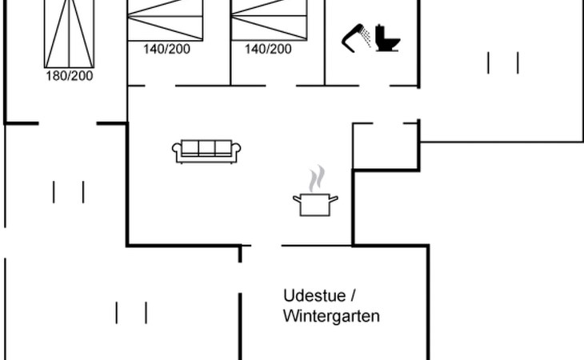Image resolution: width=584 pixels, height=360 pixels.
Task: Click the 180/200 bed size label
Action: pos(70,76)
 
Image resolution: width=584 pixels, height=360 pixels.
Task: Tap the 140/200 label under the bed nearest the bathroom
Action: pos(268,49)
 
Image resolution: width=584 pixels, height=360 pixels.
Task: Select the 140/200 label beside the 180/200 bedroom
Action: pos(167,49)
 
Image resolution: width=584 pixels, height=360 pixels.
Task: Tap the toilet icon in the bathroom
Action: pos(386,38)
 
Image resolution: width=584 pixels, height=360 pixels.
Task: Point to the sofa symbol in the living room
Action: pos(206,150)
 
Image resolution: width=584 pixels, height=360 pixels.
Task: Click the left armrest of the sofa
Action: pos(177,150)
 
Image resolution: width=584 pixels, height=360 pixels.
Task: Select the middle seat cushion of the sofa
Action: pos(206,148)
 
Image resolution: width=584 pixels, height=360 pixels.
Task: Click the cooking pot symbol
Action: pos(315,203)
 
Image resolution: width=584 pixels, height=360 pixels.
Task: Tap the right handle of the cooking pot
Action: pos(334,198)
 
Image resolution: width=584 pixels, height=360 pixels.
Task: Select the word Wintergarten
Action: pos(331,316)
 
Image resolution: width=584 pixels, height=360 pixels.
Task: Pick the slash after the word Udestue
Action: pos(354,294)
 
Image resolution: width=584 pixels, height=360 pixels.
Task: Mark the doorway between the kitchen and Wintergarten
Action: pos(262,246)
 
